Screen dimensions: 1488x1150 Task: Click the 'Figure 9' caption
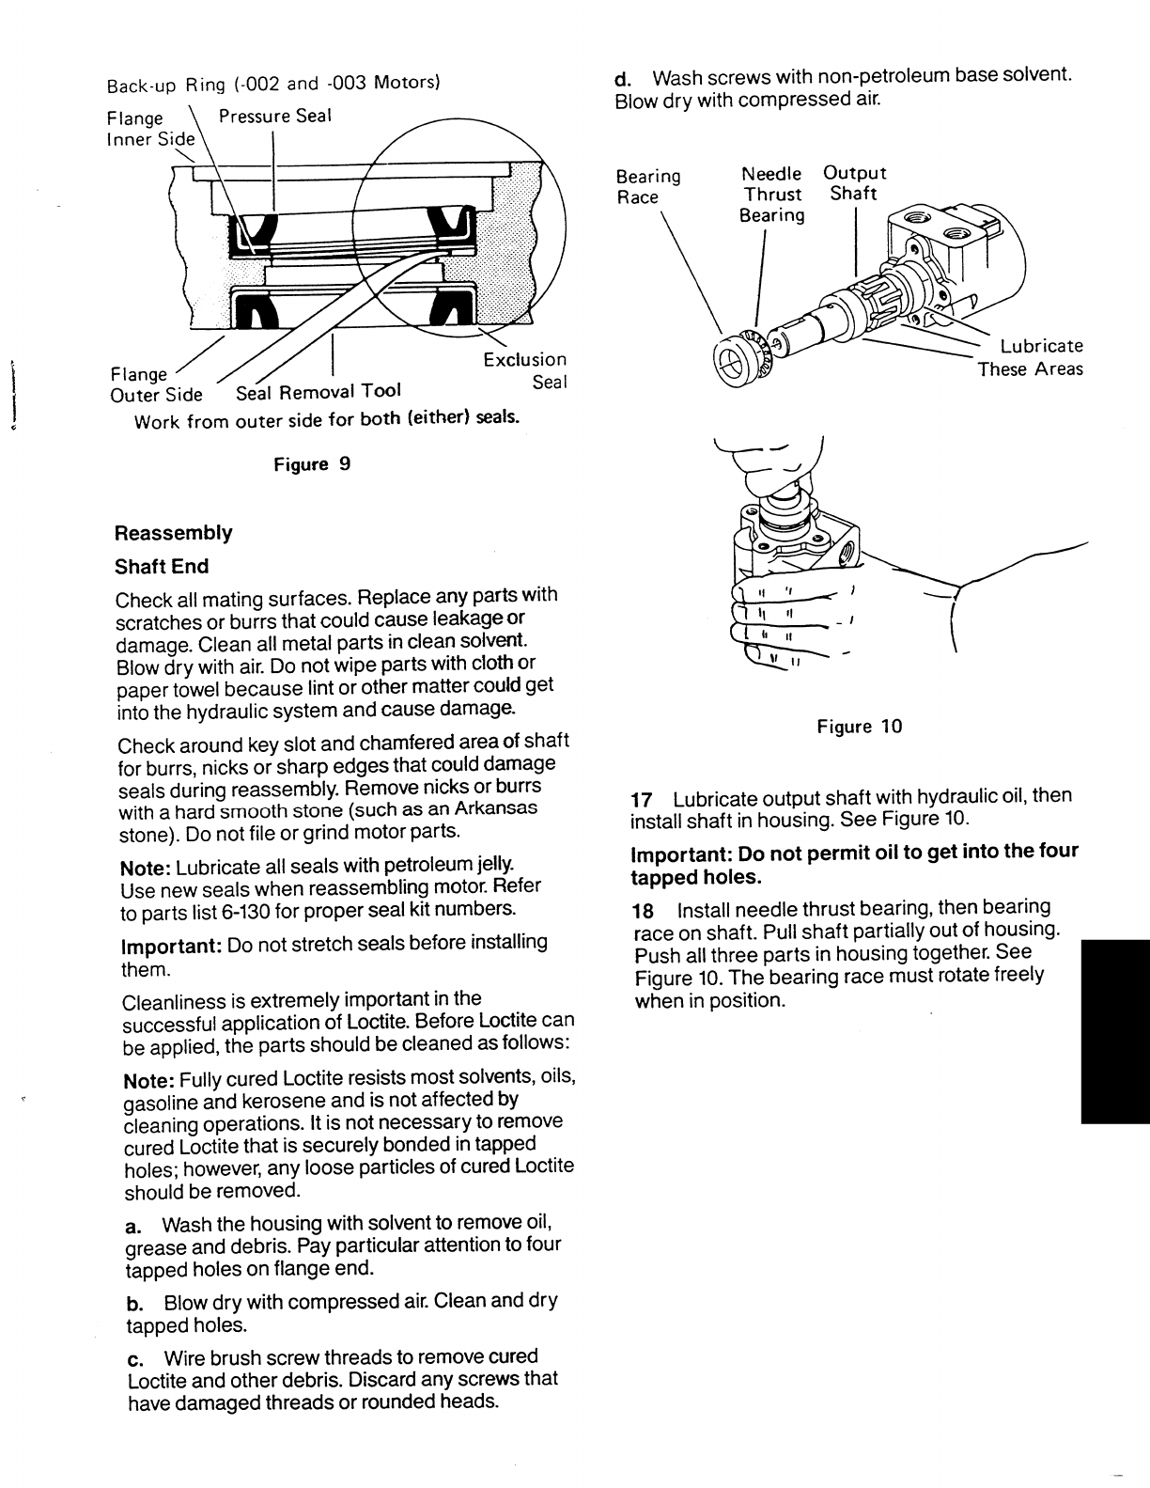(311, 464)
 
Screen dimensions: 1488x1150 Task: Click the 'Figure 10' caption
(859, 727)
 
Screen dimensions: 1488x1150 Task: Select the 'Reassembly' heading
(173, 533)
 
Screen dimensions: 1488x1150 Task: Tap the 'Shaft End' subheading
(162, 567)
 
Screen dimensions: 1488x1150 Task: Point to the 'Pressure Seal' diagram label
(274, 117)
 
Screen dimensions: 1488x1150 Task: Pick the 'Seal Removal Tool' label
(319, 392)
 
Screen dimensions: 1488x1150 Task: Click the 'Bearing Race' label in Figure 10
(647, 186)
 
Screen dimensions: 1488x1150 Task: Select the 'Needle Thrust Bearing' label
(771, 195)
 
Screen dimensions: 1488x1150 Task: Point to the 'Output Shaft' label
(854, 183)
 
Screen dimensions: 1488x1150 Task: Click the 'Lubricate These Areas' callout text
(1031, 358)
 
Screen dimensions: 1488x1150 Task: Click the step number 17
(642, 800)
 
